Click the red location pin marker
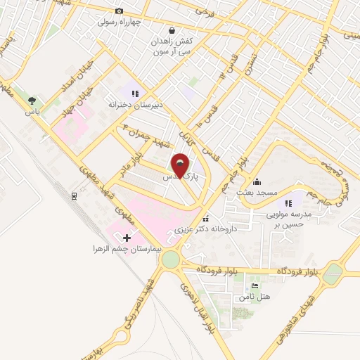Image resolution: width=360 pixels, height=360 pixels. coord(181,166)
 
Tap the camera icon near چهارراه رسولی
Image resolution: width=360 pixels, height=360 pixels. coord(119,11)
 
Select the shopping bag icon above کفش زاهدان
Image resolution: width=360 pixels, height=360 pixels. coord(172,30)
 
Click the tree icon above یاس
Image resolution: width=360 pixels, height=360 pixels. coord(32,100)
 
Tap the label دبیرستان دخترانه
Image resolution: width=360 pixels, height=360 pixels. coord(135,104)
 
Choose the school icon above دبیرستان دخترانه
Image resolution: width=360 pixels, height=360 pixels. coord(136,92)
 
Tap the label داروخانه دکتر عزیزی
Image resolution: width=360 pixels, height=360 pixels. coord(204,229)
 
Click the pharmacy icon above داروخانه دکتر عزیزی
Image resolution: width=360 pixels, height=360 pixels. coord(205,218)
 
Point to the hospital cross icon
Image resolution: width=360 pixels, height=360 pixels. coord(127,237)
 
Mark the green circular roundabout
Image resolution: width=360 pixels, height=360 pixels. coord(169,260)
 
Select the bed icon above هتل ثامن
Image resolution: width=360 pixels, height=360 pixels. coord(255,285)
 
